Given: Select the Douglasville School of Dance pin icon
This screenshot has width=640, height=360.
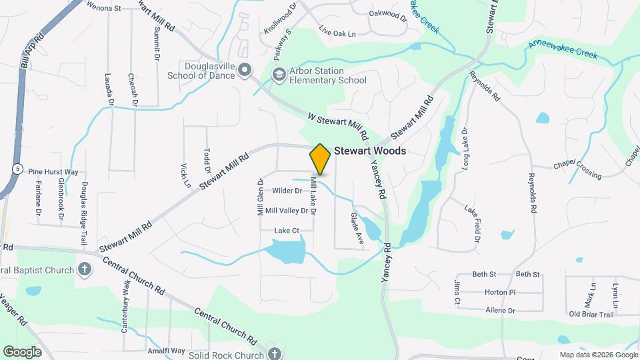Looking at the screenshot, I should [x=245, y=69].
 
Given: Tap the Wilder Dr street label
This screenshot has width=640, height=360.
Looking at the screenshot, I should [x=287, y=191].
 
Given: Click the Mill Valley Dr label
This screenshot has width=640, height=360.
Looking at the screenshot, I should [x=287, y=211].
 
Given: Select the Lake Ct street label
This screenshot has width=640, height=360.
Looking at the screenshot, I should [x=285, y=231].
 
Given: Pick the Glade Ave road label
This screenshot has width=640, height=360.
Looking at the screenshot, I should [x=356, y=229].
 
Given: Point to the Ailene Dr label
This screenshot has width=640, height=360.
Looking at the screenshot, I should [x=501, y=311].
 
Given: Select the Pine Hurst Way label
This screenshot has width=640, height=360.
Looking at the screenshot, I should [x=53, y=171].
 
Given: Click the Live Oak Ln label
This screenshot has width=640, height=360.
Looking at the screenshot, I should [x=337, y=32].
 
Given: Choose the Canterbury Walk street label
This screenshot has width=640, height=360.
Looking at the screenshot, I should [x=125, y=306].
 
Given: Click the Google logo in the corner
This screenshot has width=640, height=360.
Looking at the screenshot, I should [x=22, y=351].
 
